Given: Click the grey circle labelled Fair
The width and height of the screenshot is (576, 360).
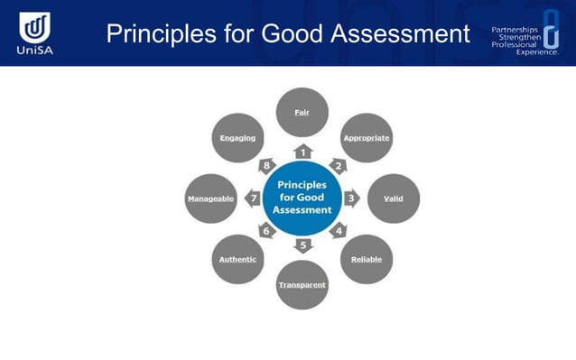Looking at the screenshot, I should (x=302, y=113).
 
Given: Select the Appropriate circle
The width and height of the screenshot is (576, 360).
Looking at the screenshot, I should (x=367, y=138).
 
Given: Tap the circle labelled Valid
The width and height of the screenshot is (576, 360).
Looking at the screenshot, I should (x=394, y=198).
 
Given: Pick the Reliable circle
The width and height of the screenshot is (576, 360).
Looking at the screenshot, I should (x=367, y=259).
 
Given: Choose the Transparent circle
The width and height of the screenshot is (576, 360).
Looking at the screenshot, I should (x=302, y=284).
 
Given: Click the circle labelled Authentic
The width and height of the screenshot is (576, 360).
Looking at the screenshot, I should (x=237, y=259).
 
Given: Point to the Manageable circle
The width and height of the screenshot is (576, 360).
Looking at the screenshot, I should (x=210, y=198).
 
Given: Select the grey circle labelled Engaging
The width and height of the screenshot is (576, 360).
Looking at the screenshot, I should (x=237, y=138).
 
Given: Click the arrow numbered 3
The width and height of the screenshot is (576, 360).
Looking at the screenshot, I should (x=351, y=198).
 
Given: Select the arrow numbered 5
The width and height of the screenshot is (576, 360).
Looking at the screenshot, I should (x=303, y=245).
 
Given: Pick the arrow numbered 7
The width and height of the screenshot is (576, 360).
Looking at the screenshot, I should (x=254, y=198).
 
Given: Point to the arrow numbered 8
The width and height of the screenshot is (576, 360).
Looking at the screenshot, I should (x=267, y=165).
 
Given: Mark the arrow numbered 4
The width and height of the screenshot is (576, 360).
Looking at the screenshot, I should (x=339, y=231).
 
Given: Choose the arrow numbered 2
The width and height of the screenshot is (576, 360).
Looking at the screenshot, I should (x=339, y=165).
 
